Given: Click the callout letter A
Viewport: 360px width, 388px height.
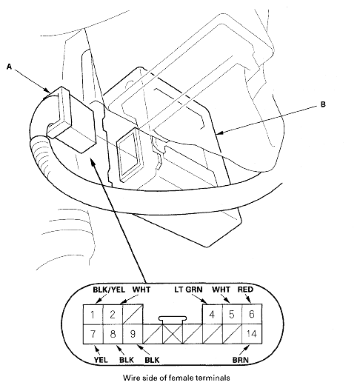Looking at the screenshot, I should tap(9, 66).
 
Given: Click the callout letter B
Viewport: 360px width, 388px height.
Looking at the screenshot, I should tap(322, 106).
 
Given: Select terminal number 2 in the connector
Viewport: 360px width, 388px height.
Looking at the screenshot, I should tap(111, 315).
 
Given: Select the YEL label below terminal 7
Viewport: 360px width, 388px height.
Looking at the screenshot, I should tap(81, 362).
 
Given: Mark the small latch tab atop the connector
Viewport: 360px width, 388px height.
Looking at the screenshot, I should tap(172, 321).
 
